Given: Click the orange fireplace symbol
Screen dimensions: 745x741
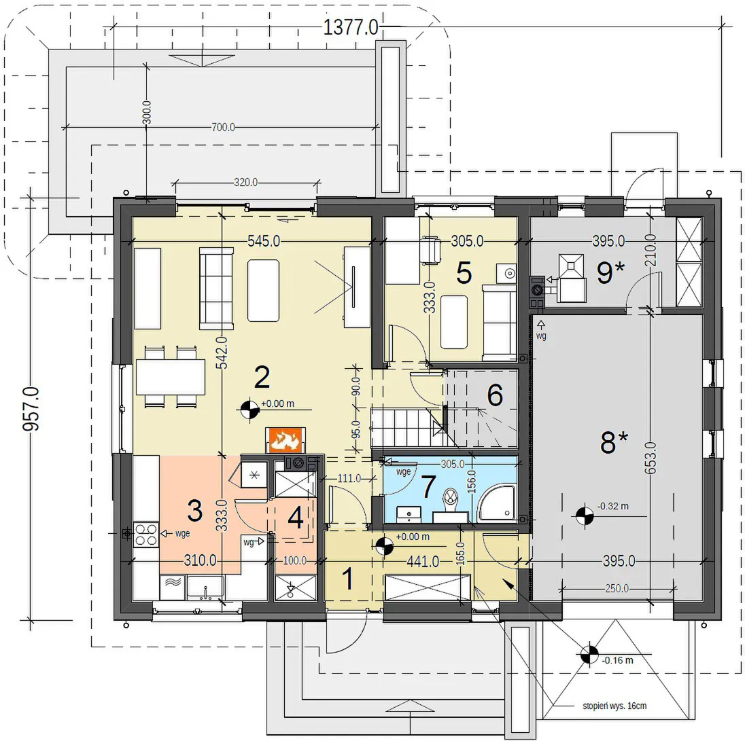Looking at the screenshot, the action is [x=285, y=440].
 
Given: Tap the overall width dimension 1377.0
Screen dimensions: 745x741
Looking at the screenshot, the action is [x=351, y=27].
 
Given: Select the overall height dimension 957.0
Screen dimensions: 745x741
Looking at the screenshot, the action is [x=31, y=409].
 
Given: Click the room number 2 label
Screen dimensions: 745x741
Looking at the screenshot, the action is [x=262, y=377].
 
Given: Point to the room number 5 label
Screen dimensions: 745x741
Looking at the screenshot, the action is [x=464, y=273].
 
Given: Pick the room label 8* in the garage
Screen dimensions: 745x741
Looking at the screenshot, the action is [x=614, y=442].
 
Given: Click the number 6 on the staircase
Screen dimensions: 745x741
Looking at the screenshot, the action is [x=495, y=395].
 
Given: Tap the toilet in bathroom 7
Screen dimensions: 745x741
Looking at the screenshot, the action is [x=449, y=504].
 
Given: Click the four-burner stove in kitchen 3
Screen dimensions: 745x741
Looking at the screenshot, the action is [x=146, y=535].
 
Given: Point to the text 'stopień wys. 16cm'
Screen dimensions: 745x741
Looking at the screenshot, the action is [x=614, y=706].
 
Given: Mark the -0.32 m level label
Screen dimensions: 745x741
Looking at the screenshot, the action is [x=613, y=506].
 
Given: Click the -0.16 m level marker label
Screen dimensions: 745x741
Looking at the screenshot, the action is [x=618, y=659].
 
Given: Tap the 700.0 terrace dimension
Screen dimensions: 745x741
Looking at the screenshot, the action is [x=223, y=127].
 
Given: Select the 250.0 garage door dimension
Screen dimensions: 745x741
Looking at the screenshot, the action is [x=617, y=589].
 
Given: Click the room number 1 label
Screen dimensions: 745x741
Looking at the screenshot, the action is [x=348, y=579].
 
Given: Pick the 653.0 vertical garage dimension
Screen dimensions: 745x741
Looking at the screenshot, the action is [x=651, y=458].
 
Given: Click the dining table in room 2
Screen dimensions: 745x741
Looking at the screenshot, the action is [x=171, y=377].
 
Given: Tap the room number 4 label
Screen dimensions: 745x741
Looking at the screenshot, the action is [x=296, y=518].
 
